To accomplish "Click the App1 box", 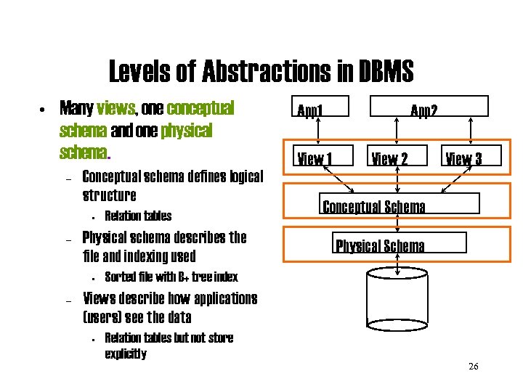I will click(320, 106).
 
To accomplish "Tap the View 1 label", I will click(314, 158).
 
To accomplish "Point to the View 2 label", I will click(390, 158).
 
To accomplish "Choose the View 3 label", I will click(463, 158).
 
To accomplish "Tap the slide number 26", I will click(474, 367).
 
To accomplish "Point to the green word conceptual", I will click(200, 109).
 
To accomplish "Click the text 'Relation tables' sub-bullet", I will click(138, 216).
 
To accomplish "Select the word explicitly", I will click(126, 354).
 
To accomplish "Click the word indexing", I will click(142, 256).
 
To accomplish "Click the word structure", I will click(110, 195).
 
